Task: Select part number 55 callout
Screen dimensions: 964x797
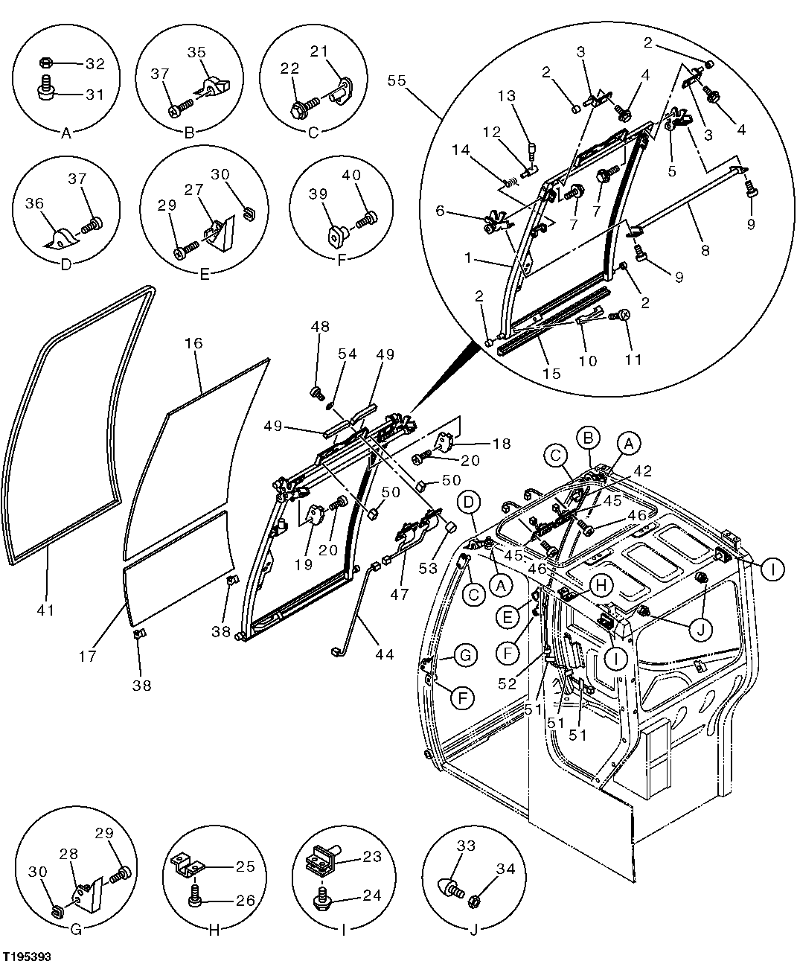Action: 397,80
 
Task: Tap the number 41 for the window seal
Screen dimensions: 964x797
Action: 45,610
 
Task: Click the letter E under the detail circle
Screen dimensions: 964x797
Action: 205,272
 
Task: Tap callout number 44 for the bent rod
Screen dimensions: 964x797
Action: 385,655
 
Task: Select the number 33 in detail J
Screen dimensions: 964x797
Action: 466,846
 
